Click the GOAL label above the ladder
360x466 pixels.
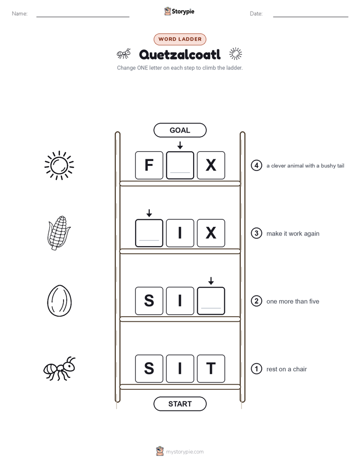coord(180,130)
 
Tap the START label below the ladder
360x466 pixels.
coord(180,404)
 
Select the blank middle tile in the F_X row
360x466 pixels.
coord(180,165)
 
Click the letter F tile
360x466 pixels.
coord(149,165)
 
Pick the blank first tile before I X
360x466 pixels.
coord(149,233)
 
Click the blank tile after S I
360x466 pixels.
coord(211,301)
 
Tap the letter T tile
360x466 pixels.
coord(211,369)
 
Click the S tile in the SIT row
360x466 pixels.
coord(149,369)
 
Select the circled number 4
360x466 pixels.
coord(256,165)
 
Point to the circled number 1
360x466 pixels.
coord(256,369)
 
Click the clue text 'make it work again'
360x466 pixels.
coord(293,234)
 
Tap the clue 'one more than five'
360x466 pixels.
coord(293,302)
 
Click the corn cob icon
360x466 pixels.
coord(58,233)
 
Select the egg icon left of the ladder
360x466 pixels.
coord(59,301)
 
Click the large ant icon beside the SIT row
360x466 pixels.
coord(59,369)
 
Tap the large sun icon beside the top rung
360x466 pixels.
coord(59,165)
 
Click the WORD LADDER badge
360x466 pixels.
coord(180,39)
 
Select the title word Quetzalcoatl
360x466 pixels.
coord(180,54)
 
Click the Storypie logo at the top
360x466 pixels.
coord(179,11)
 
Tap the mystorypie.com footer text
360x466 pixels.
coord(185,452)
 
